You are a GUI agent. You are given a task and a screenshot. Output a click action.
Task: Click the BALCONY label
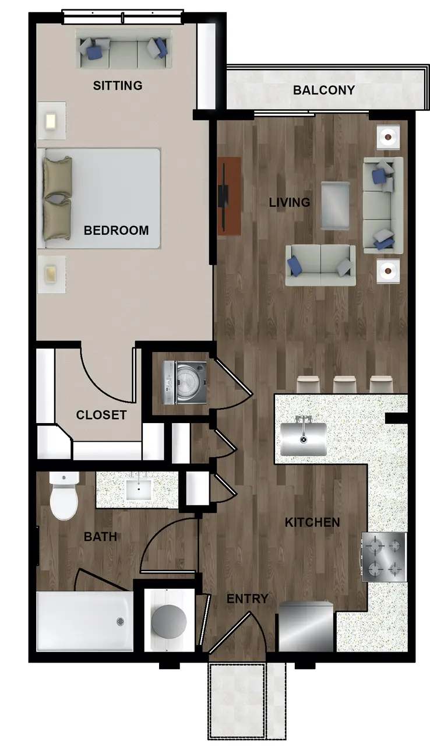pos(324,90)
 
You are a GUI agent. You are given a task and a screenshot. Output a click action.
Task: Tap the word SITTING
pos(118,86)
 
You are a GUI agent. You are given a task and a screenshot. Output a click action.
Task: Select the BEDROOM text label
pos(116,230)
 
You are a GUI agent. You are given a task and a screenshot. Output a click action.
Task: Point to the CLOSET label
pos(101,415)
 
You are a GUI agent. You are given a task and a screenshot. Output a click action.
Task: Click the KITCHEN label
pos(312,523)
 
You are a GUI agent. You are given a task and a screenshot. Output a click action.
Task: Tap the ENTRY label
pos(247,599)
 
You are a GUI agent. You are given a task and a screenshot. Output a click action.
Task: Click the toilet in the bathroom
pos(64,495)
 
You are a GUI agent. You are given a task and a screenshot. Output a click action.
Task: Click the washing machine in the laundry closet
pos(184,383)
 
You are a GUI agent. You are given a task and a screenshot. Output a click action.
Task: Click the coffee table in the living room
pos(335,206)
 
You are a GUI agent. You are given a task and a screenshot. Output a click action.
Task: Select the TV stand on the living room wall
pos(230,196)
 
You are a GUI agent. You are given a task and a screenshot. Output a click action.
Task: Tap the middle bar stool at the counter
pos(345,384)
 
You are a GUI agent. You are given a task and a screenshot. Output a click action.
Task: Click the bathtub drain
pos(120,621)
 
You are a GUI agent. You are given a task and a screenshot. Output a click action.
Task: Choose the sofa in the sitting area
pos(124,49)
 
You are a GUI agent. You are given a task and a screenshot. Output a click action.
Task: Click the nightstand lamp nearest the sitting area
pos(51,121)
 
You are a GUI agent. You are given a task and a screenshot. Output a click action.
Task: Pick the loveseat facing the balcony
pos(320,265)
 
